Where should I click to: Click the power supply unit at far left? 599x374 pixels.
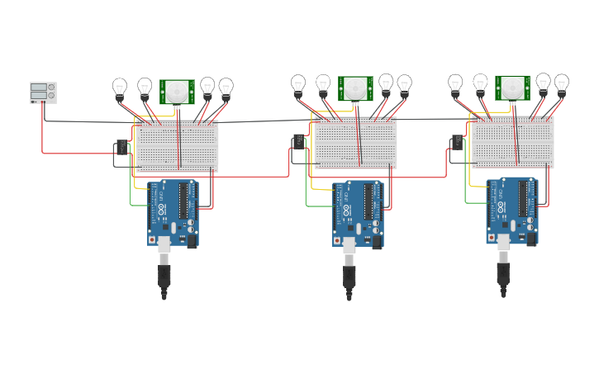coord(43,92)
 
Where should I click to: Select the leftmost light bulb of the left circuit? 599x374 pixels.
coord(120,87)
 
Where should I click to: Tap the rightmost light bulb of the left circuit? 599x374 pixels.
coord(226,87)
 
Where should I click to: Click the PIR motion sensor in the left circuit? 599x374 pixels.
coord(176,91)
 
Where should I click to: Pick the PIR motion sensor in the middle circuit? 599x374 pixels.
coord(355,88)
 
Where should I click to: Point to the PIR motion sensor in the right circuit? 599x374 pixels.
coord(512,87)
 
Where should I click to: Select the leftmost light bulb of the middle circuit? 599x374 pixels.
coord(298,83)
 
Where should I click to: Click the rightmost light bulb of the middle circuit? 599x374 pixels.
coord(404,83)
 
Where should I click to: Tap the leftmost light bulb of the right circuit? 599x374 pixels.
coord(455,83)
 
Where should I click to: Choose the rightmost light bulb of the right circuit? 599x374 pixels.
coord(561,83)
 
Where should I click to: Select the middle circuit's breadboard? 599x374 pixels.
coord(355,143)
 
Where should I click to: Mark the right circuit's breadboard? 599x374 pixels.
coord(512,142)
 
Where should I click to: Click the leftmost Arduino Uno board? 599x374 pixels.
coord(174,213)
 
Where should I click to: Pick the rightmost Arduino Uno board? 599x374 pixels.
coord(512,211)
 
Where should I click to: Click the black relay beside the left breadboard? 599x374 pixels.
coord(121,147)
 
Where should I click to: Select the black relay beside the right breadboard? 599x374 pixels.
coord(457,143)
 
